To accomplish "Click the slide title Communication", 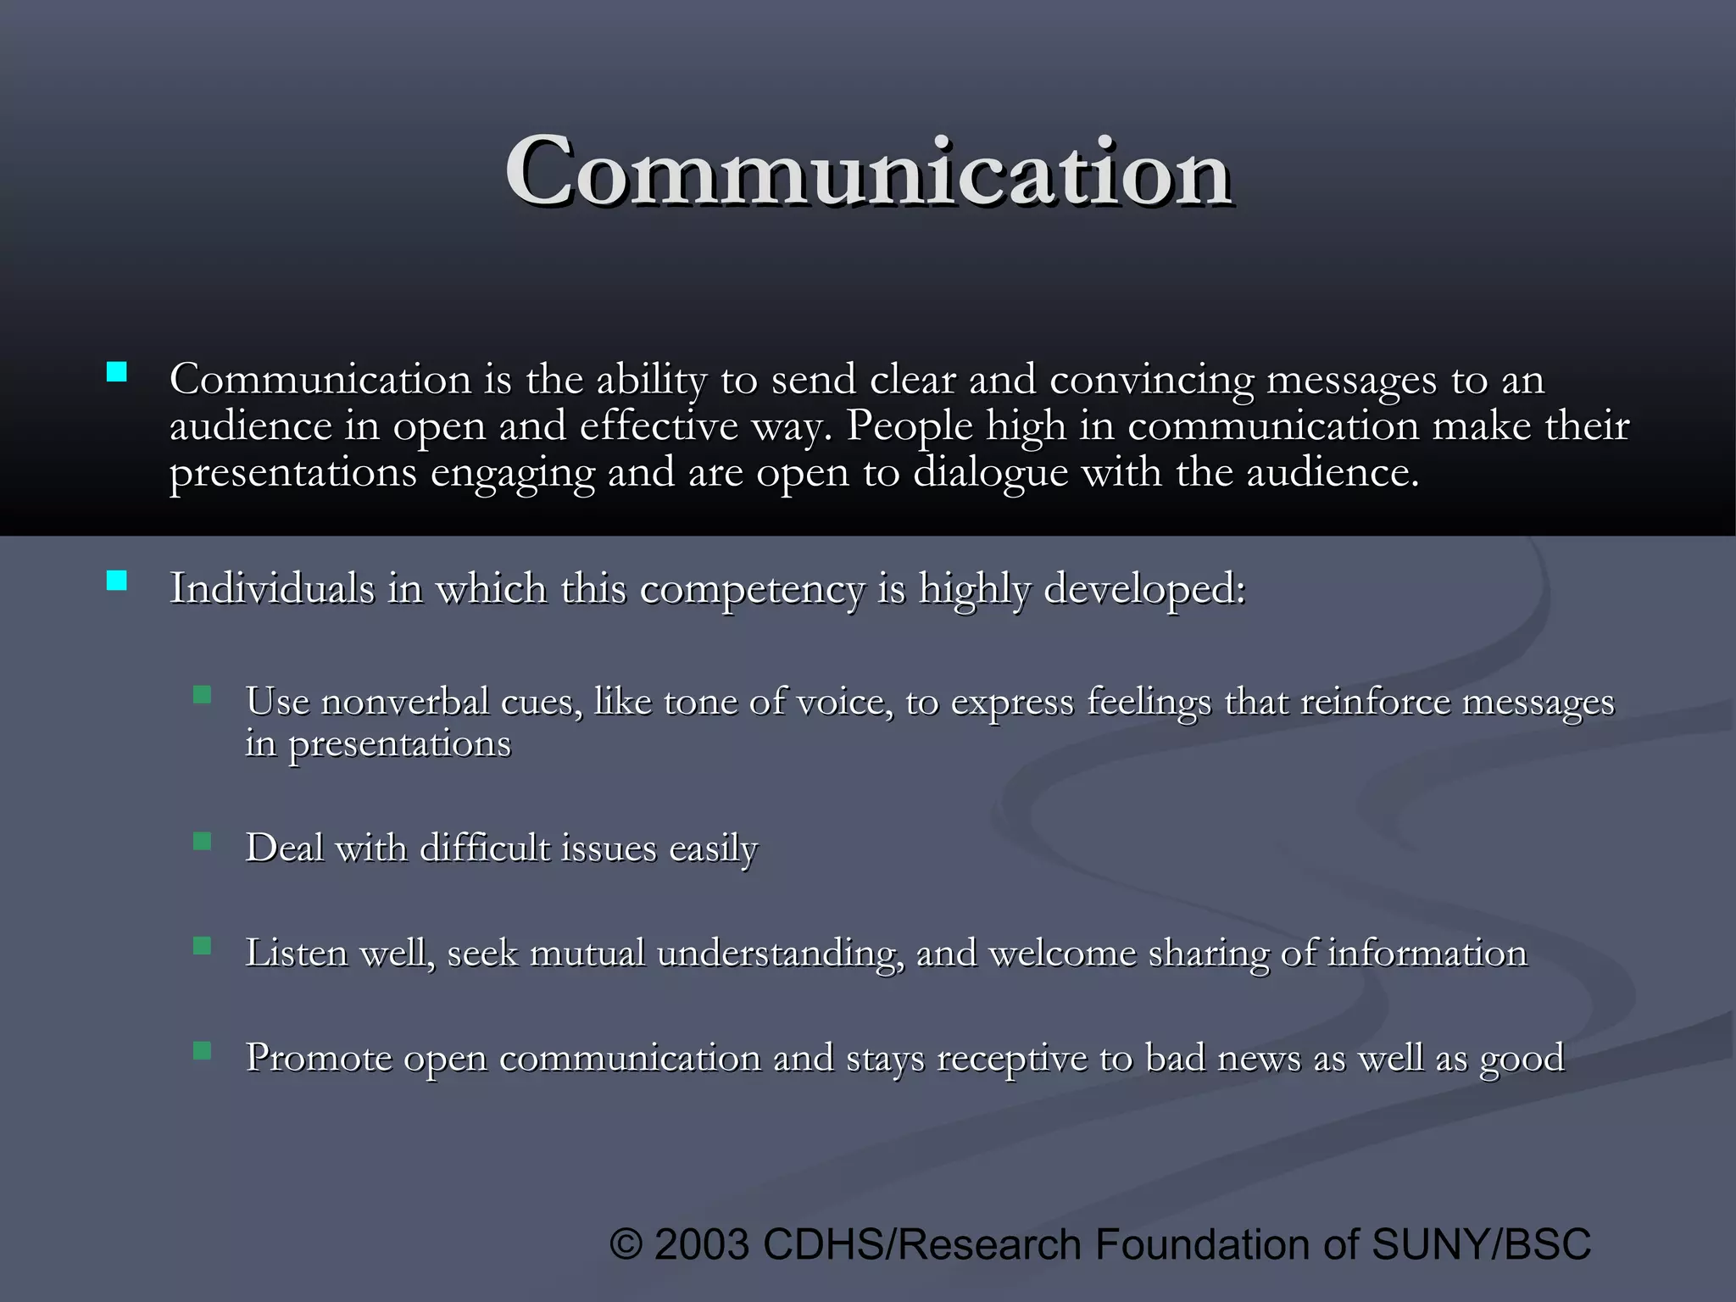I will (868, 171).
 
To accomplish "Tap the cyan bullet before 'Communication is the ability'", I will (117, 372).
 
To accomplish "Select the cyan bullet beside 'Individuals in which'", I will (117, 581).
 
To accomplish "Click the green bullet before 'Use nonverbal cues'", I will (202, 696).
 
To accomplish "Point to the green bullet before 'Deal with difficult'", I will (202, 841).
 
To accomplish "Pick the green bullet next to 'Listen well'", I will (202, 946).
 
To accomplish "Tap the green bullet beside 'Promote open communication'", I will (202, 1051).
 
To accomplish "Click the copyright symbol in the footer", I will (626, 1244).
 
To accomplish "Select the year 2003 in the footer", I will (702, 1244).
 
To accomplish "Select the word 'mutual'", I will (587, 953).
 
